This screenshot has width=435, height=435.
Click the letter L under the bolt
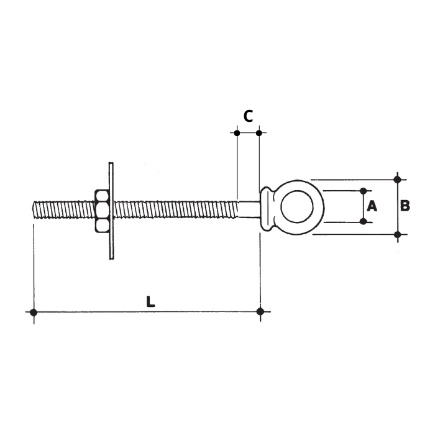(150, 301)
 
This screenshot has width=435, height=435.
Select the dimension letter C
(247, 116)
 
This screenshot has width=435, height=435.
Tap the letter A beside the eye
(372, 206)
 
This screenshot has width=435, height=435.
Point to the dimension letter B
(405, 206)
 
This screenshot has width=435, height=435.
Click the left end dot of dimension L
(34, 311)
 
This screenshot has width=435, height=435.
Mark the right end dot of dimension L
(260, 311)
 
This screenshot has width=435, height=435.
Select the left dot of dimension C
(237, 132)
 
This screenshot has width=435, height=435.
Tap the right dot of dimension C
(259, 132)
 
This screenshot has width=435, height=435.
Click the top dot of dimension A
(363, 191)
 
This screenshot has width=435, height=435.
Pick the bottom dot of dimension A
(363, 221)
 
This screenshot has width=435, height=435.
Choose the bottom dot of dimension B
(398, 234)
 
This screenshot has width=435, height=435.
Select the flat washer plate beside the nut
(111, 211)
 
